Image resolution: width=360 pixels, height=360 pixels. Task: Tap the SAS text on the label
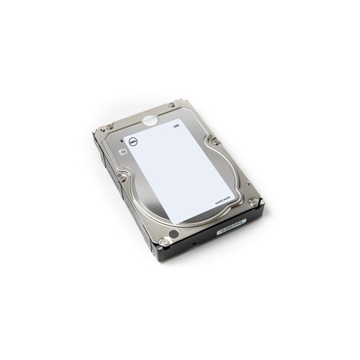coord(176,128)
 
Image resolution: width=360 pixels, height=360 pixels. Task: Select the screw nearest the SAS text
coord(171,105)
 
